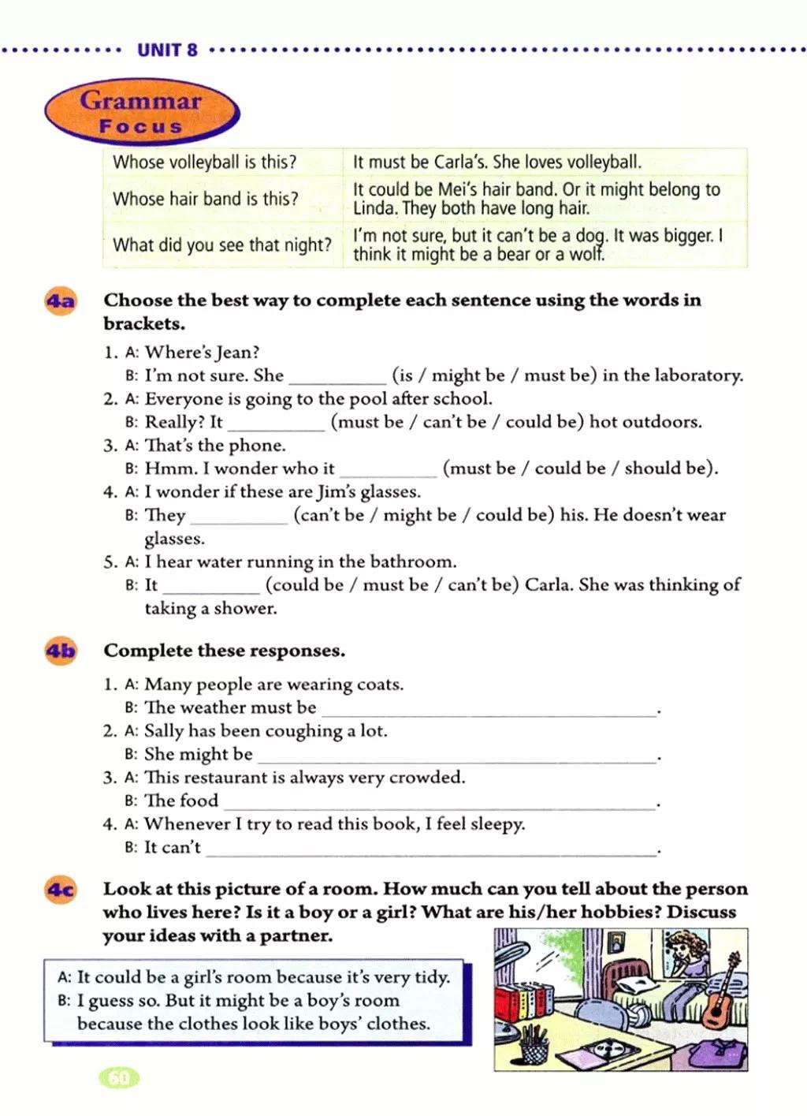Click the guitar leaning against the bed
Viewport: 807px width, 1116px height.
pos(720,998)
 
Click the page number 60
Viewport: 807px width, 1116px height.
pos(118,1077)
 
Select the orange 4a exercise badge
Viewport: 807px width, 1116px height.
pos(61,301)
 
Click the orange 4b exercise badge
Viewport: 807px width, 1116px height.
pos(61,651)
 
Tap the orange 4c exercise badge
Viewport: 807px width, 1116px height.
pos(61,890)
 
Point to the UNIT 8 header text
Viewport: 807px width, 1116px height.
pos(167,50)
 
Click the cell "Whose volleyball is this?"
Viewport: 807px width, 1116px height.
pos(205,162)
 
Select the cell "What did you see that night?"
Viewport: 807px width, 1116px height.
pos(222,244)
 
